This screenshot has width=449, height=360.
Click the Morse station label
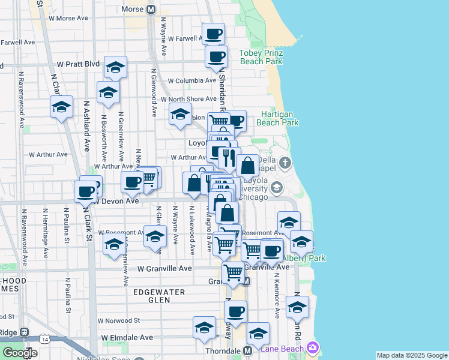tap(131, 10)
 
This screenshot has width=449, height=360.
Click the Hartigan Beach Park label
tap(277, 118)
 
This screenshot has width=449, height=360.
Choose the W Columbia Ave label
tap(191, 80)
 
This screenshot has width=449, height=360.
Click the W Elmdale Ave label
tap(127, 338)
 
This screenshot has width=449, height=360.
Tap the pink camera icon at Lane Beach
tap(312, 347)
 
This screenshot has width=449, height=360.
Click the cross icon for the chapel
tap(285, 163)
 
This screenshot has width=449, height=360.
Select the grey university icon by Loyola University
tap(276, 187)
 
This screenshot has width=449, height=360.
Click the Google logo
tap(20, 353)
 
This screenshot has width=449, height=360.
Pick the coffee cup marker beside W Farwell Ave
tap(213, 35)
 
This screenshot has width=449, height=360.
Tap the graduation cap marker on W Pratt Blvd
tap(115, 68)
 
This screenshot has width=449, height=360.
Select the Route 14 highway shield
tap(45, 339)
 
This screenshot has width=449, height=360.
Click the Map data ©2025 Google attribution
tap(412, 355)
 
